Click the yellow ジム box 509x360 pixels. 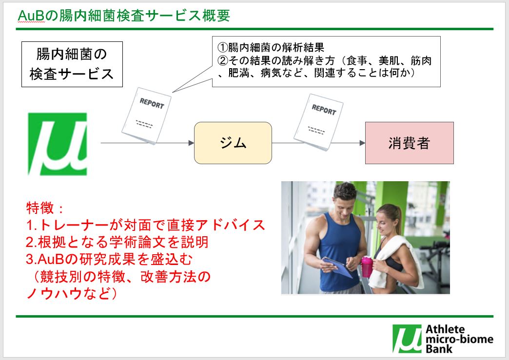click(x=233, y=143)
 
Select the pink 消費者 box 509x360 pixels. click(x=409, y=143)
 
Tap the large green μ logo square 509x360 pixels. click(x=57, y=144)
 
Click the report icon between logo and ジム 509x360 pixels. click(x=146, y=115)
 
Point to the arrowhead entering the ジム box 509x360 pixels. click(x=191, y=143)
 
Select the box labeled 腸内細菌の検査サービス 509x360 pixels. click(x=72, y=64)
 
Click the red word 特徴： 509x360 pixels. click(x=45, y=208)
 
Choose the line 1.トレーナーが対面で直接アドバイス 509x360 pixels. click(x=145, y=225)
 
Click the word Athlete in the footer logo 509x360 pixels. click(x=445, y=329)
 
